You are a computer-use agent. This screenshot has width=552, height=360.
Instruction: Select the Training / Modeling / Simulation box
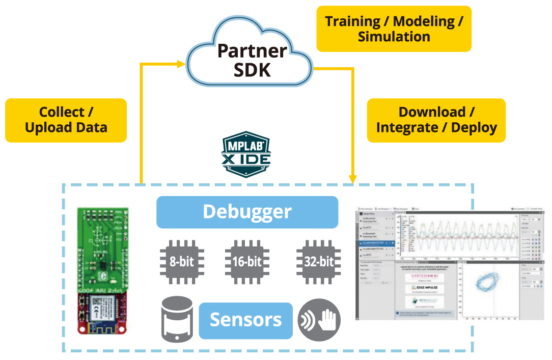pos(394,29)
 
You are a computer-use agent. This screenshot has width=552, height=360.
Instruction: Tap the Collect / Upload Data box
pos(66,120)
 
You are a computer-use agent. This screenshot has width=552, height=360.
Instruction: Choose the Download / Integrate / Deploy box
pos(436,120)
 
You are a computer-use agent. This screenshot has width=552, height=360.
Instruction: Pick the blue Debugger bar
pos(247,211)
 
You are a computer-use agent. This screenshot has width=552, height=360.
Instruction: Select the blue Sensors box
pos(245,320)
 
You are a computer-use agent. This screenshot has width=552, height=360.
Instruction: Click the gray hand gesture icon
pos(319,319)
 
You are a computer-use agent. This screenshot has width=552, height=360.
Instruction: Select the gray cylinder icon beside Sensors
pos(177,320)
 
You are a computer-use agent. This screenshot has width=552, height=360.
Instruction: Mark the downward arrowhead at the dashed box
pos(352,178)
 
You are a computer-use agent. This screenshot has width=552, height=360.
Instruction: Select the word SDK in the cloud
pos(252,69)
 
